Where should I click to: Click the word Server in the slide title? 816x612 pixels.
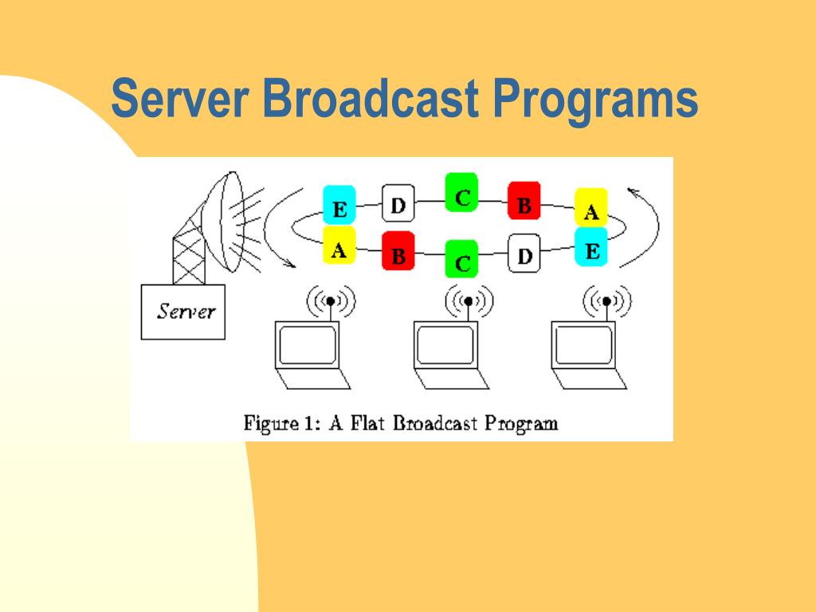(178, 100)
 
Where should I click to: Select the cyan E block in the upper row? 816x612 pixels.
(339, 210)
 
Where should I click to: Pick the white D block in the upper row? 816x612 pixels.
(398, 204)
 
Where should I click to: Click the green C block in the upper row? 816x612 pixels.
(461, 192)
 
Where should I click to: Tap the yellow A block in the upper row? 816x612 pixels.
(591, 210)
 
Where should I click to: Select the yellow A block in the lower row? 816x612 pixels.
(339, 248)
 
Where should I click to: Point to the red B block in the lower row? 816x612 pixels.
(398, 254)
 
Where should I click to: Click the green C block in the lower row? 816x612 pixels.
(461, 259)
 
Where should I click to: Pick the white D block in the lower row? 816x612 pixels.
(524, 254)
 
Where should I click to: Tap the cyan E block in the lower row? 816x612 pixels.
(591, 249)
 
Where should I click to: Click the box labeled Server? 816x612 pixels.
(182, 311)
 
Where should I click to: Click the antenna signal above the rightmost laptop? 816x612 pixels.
(607, 301)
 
